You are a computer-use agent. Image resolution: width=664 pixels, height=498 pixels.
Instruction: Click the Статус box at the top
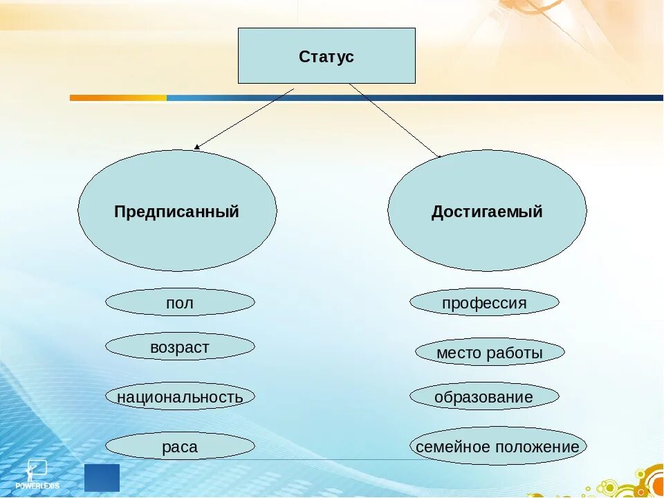click(x=326, y=56)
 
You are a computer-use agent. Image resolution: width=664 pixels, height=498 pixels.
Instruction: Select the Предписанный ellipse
click(x=177, y=211)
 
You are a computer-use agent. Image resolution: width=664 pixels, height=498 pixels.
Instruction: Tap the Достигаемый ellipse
click(x=487, y=211)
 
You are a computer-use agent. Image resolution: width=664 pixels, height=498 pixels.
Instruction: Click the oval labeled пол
click(x=180, y=302)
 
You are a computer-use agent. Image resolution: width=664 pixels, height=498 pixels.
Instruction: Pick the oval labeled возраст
click(x=180, y=347)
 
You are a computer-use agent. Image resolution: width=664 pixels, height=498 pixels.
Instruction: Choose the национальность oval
click(x=180, y=397)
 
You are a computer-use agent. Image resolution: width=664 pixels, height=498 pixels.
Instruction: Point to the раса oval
click(x=180, y=447)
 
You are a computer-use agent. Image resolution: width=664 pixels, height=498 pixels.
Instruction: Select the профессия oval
click(x=484, y=303)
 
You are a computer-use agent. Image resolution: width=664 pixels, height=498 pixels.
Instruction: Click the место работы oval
click(x=490, y=353)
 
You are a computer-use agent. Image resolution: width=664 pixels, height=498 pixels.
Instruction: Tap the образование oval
click(x=484, y=397)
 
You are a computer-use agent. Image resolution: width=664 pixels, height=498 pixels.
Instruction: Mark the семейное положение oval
click(x=497, y=447)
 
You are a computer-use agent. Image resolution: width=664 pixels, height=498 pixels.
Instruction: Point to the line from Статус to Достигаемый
click(x=394, y=121)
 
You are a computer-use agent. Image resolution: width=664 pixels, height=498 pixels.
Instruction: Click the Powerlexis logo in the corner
click(x=37, y=474)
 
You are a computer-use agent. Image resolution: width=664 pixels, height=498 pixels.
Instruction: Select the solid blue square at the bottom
click(x=102, y=477)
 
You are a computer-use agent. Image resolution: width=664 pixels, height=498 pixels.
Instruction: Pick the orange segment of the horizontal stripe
click(x=118, y=98)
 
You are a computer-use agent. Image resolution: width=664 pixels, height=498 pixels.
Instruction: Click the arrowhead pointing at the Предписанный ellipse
click(x=197, y=147)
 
